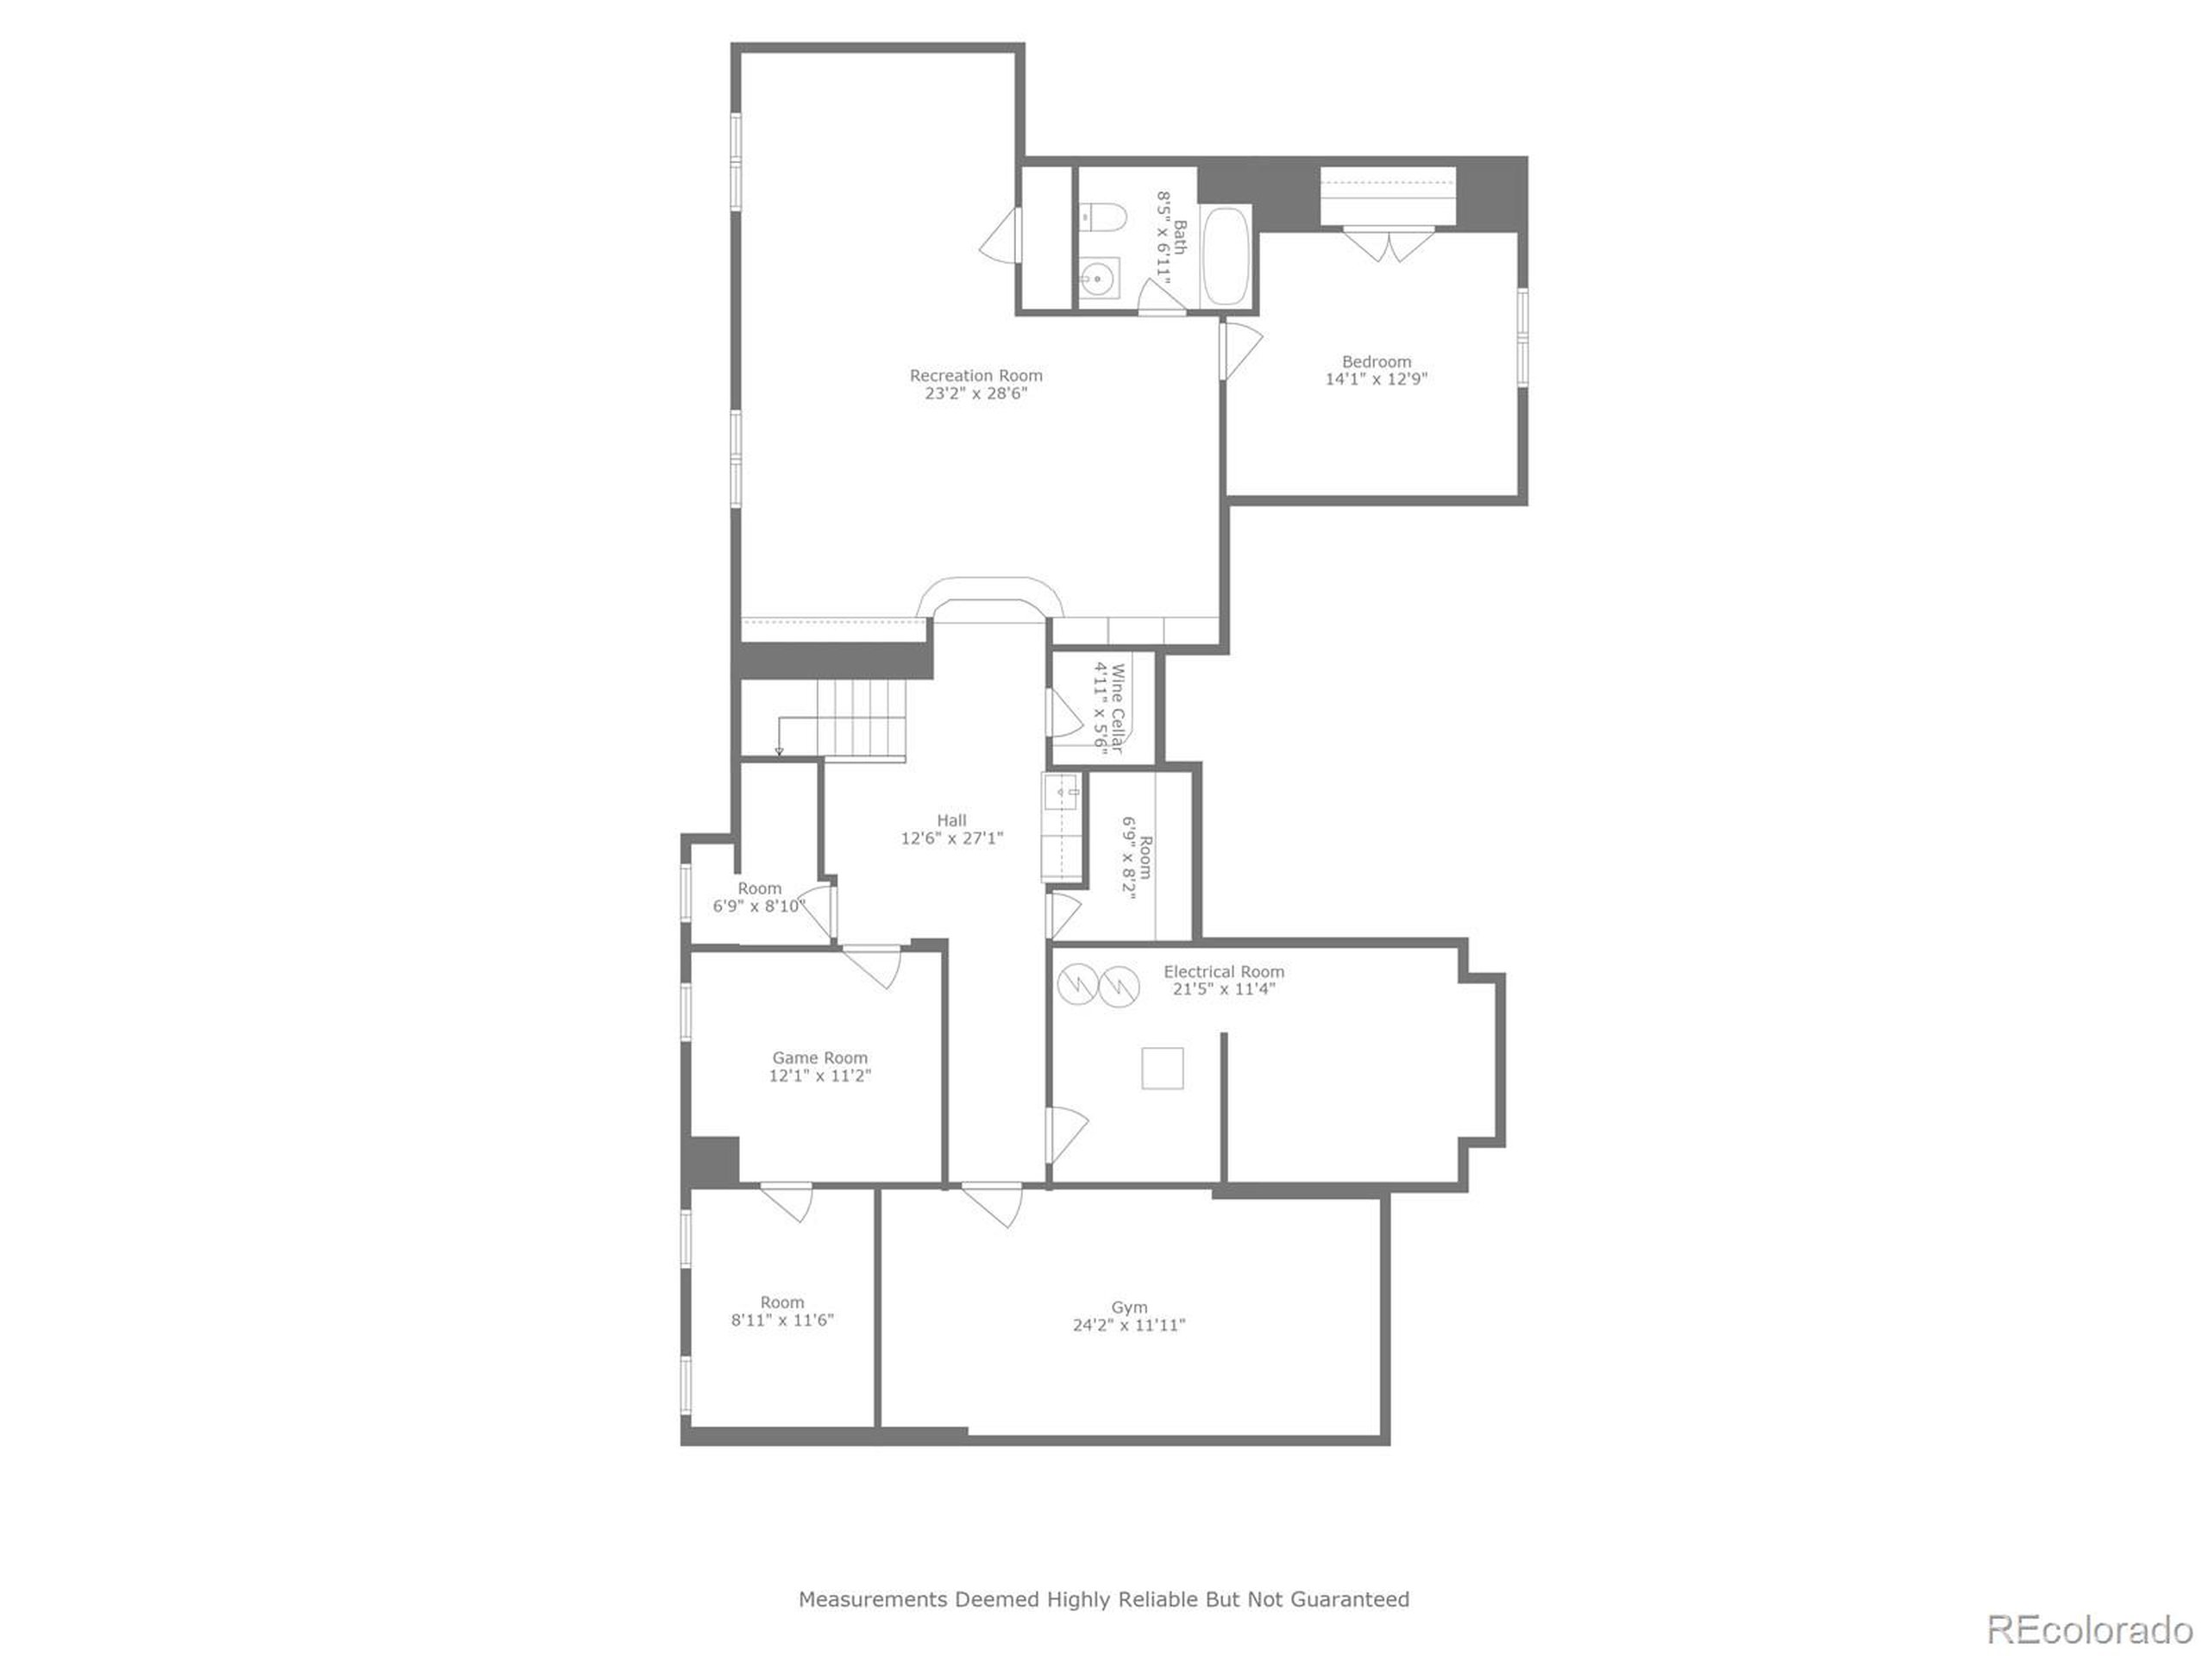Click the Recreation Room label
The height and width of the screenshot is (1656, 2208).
point(975,375)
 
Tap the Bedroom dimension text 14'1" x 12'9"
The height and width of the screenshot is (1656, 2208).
point(1376,379)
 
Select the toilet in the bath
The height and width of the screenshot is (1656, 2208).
point(1102,216)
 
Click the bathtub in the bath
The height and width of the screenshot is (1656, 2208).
point(1226,255)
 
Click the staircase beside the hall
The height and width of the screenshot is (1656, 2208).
point(861,719)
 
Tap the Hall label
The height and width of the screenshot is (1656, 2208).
point(951,820)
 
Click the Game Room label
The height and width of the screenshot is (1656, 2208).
point(819,1058)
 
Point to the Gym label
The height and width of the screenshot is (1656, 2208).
point(1129,1308)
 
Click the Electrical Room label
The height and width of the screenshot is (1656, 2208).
point(1224,971)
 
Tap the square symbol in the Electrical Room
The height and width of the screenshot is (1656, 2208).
point(1162,1068)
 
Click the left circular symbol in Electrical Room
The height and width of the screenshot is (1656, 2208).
point(1077,985)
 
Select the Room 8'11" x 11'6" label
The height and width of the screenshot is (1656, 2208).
point(781,1302)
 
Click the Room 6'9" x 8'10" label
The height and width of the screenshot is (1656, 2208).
point(760,888)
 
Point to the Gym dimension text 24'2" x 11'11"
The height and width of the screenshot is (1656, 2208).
point(1129,1326)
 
